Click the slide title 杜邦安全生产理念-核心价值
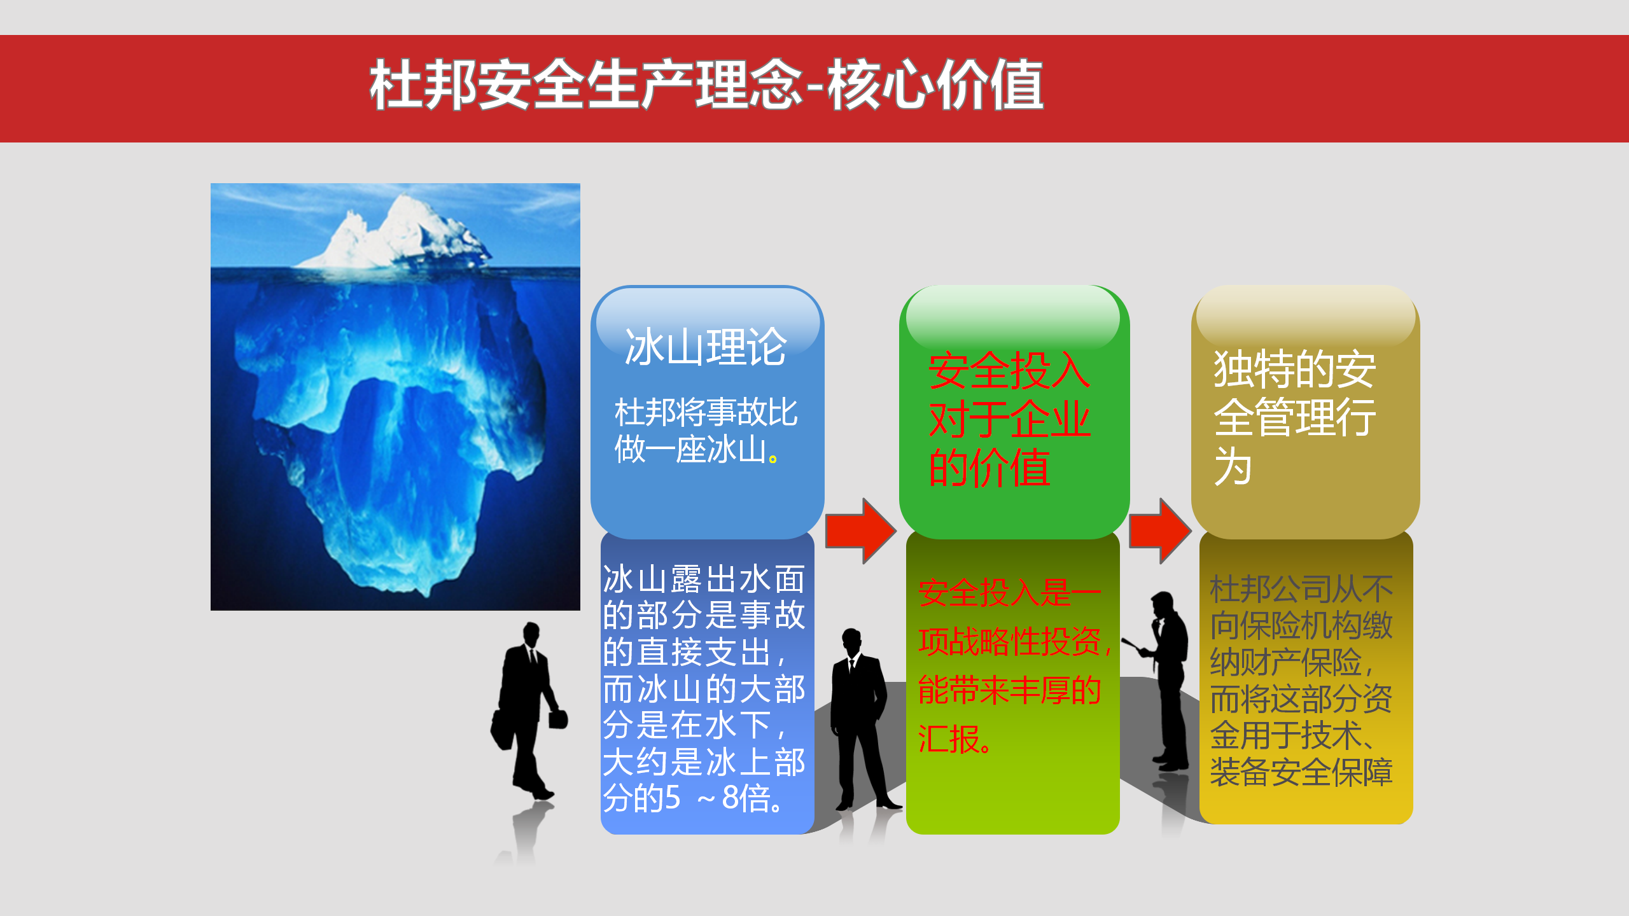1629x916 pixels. pyautogui.click(x=706, y=85)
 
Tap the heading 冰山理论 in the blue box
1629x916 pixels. pyautogui.click(x=706, y=347)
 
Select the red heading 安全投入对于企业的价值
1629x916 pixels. pyautogui.click(x=1009, y=419)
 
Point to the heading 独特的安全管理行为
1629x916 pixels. pyautogui.click(x=1294, y=417)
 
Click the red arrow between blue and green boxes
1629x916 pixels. pyautogui.click(x=860, y=531)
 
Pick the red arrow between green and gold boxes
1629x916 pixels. pyautogui.click(x=1160, y=531)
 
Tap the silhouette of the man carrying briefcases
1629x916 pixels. pyautogui.click(x=528, y=710)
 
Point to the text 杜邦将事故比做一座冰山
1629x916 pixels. pyautogui.click(x=705, y=431)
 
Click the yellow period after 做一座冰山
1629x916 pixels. pyautogui.click(x=773, y=458)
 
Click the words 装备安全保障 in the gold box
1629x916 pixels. pyautogui.click(x=1301, y=772)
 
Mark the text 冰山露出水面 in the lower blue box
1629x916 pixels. pyautogui.click(x=704, y=579)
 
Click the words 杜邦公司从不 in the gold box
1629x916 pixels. pyautogui.click(x=1301, y=589)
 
